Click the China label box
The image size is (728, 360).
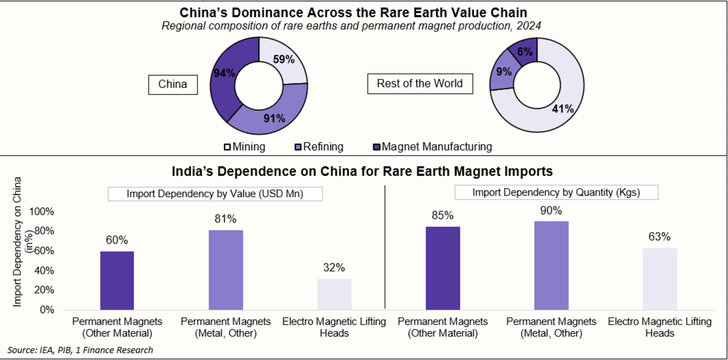(174, 84)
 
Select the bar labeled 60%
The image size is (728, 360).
(117, 280)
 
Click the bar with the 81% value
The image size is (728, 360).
(226, 270)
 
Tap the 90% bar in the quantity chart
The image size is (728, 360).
(551, 265)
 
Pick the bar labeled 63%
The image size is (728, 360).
(660, 279)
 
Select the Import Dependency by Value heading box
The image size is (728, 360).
(215, 194)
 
